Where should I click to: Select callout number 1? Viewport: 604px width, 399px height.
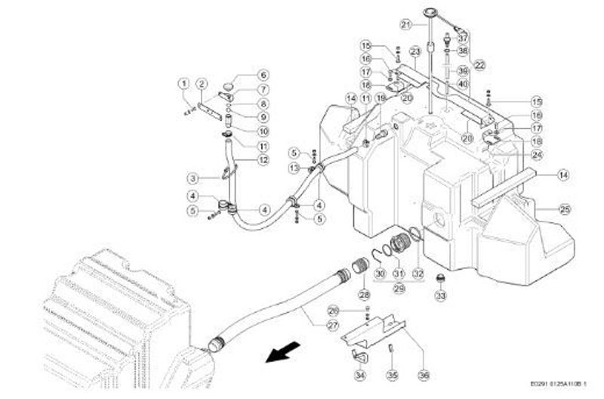(x=183, y=82)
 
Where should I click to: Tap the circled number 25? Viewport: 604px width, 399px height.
(x=565, y=209)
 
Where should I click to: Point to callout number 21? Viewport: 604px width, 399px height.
(x=405, y=24)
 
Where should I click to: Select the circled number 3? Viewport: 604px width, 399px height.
(x=193, y=179)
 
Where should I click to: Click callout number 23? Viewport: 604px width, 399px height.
(x=414, y=51)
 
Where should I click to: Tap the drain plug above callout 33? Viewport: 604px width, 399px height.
(x=441, y=280)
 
